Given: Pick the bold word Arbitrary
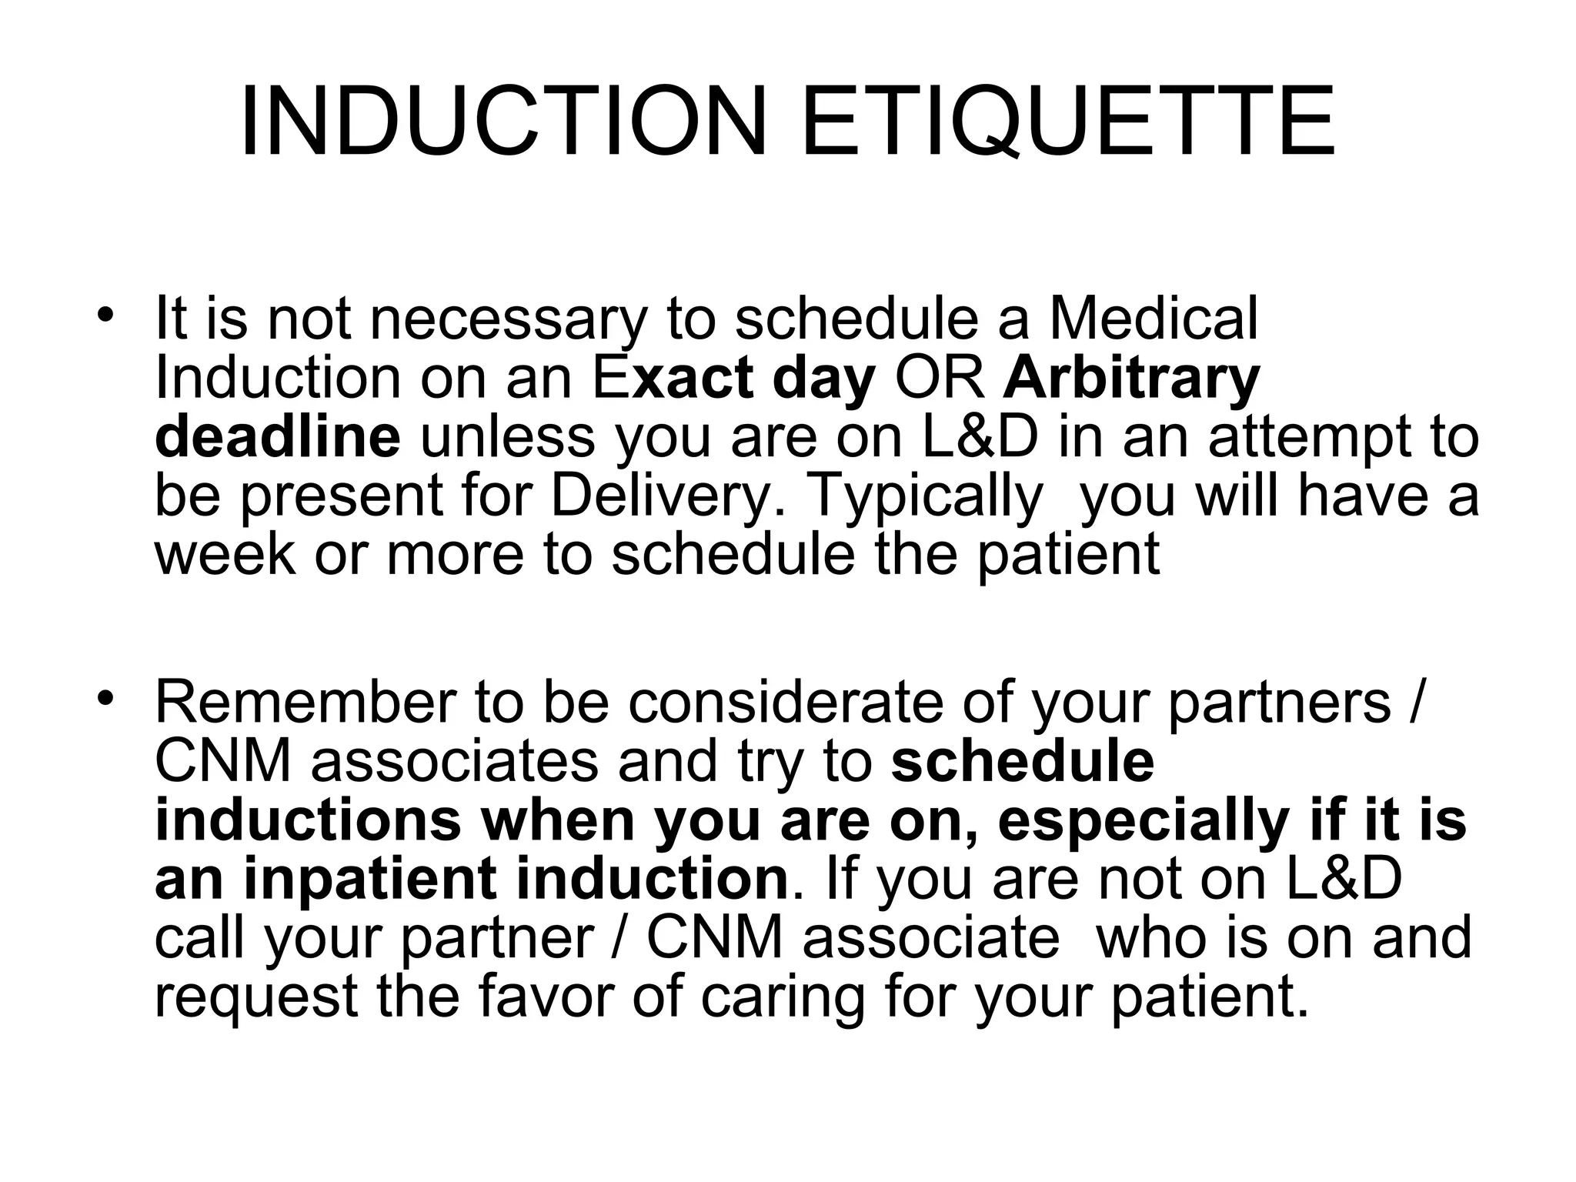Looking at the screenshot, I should [x=1131, y=379].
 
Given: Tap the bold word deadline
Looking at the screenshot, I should [x=278, y=436].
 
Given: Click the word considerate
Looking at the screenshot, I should [x=785, y=702].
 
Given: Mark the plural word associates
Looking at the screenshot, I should [x=454, y=761].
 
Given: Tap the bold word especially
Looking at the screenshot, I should [x=1143, y=821].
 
